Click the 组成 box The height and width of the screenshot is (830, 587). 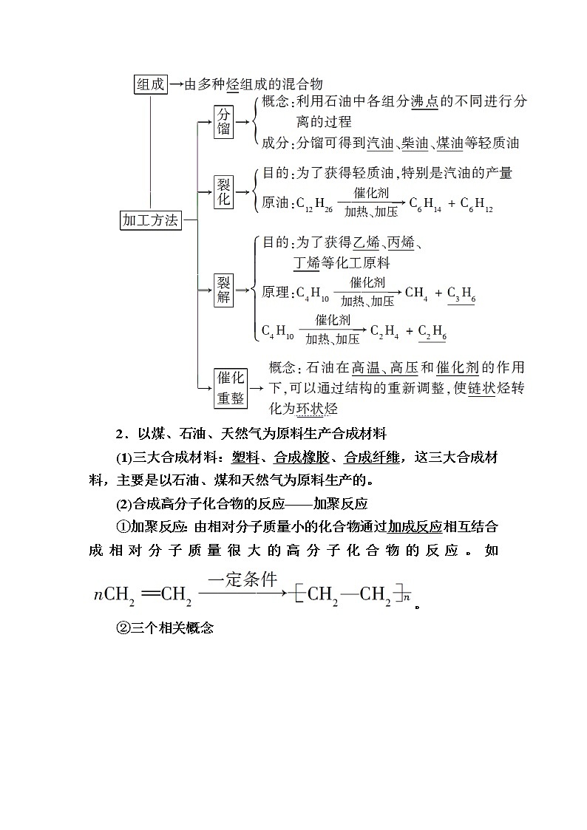click(x=151, y=84)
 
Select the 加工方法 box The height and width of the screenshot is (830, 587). click(x=151, y=220)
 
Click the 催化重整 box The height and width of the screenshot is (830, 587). click(x=231, y=387)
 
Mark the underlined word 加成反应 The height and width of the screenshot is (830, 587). click(x=415, y=527)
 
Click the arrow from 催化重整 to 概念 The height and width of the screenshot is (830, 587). click(x=257, y=387)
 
